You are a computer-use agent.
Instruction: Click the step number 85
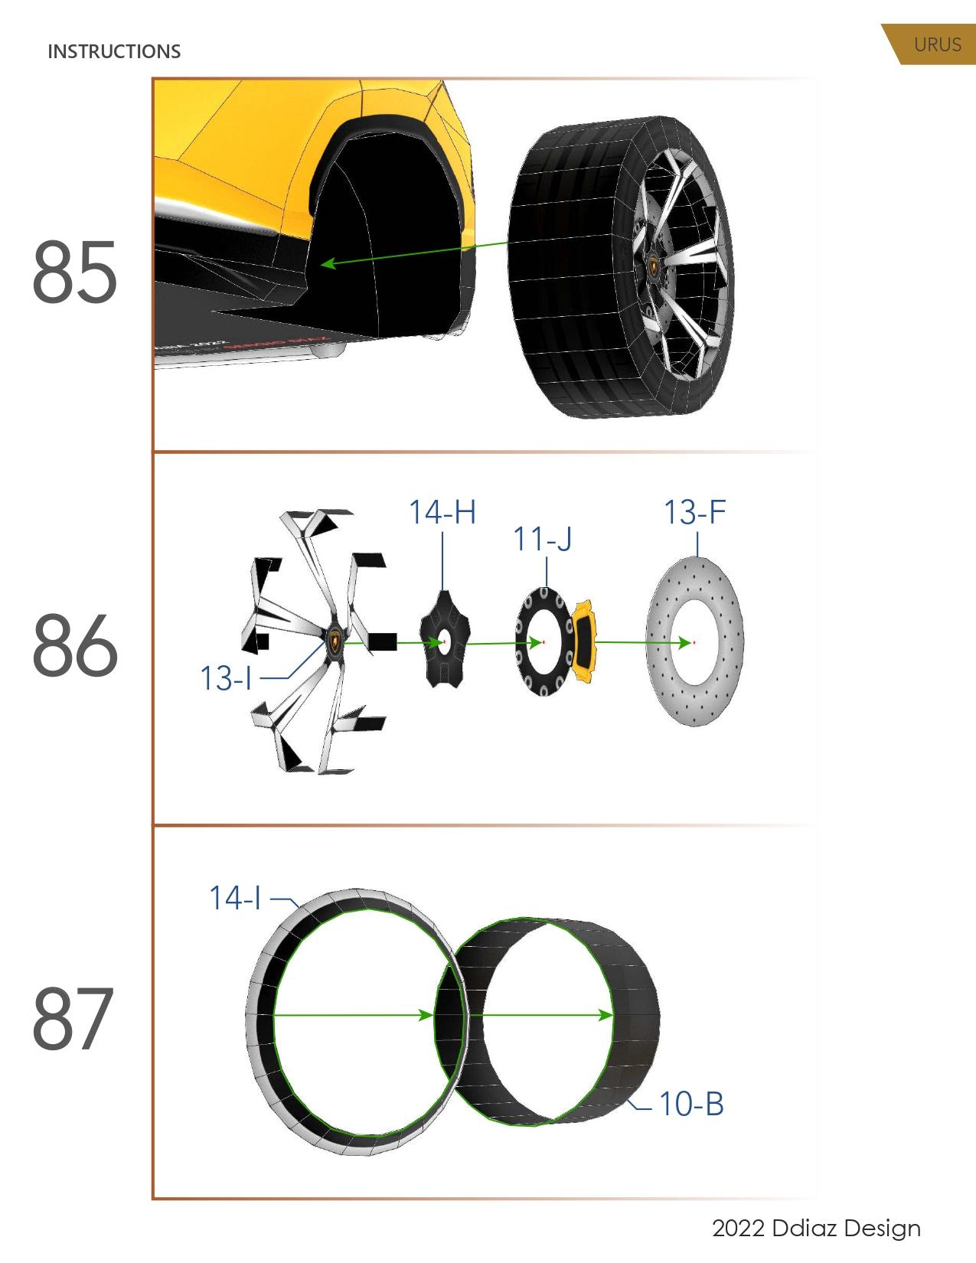tap(75, 271)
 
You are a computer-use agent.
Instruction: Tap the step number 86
tap(75, 646)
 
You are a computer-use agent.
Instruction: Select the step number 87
tap(73, 1020)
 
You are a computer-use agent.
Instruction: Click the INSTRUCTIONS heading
tap(114, 51)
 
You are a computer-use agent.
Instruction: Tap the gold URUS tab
tap(935, 44)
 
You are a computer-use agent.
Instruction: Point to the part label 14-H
tap(442, 512)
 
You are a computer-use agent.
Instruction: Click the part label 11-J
tap(542, 540)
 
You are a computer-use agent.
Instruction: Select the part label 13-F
tap(694, 512)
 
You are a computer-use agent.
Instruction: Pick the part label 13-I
tap(226, 678)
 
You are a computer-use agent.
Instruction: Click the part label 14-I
tap(235, 898)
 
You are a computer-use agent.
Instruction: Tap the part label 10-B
tap(691, 1104)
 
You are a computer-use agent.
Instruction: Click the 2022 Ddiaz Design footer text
tap(816, 1229)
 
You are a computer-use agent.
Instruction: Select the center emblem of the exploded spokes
tap(335, 641)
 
